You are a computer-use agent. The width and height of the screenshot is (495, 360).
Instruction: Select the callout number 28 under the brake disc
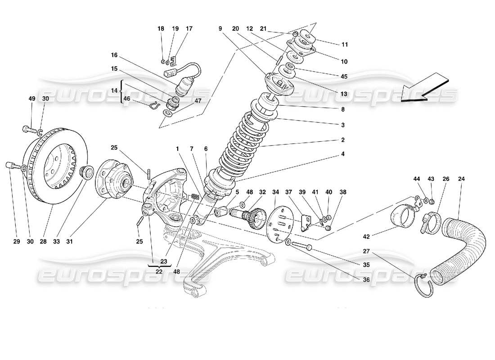click(x=43, y=242)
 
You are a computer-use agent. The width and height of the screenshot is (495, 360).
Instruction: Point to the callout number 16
click(x=114, y=55)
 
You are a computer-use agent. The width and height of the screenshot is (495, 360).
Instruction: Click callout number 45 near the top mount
click(x=344, y=76)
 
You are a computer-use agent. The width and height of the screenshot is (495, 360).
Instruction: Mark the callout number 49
click(x=31, y=99)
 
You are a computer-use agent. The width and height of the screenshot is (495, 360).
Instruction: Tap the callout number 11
click(x=345, y=45)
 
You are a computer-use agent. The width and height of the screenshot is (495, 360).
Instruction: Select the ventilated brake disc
click(x=54, y=166)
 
